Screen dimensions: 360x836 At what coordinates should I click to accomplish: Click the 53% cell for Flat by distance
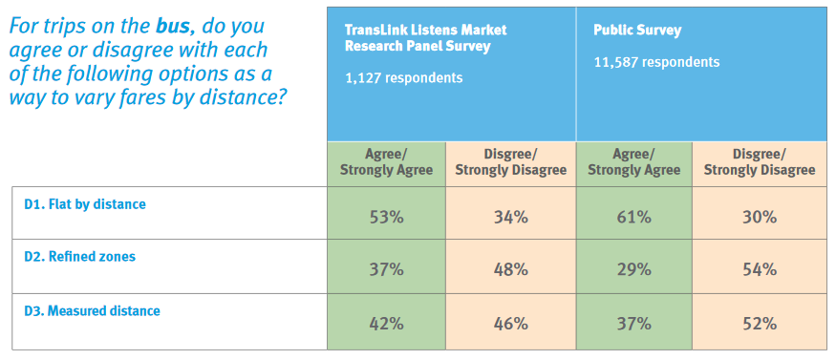click(386, 217)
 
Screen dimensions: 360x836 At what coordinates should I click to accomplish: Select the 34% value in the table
click(510, 217)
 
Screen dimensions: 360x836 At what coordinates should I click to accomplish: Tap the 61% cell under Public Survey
click(633, 217)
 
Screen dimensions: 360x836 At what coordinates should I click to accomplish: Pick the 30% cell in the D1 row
click(759, 217)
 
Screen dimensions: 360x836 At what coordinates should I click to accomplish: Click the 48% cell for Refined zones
click(510, 269)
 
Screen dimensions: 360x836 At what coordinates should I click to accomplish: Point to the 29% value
click(633, 269)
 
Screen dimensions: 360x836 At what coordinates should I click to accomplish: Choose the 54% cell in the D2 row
click(759, 269)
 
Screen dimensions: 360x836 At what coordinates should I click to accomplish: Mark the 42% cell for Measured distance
click(386, 323)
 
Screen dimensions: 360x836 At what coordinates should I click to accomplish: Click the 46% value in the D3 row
click(510, 323)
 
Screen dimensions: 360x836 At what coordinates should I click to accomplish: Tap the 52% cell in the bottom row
click(759, 323)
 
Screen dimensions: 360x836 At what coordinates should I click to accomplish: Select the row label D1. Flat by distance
click(85, 203)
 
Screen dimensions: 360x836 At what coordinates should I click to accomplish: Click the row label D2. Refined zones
click(79, 257)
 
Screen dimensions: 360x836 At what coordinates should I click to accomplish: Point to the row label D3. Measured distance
click(92, 310)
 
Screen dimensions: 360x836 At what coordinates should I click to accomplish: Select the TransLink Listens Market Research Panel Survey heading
click(425, 37)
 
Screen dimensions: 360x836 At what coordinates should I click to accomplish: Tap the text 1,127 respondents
click(404, 77)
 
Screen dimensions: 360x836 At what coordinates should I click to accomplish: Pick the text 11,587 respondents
click(656, 62)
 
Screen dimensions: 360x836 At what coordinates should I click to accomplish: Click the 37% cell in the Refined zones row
click(386, 269)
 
